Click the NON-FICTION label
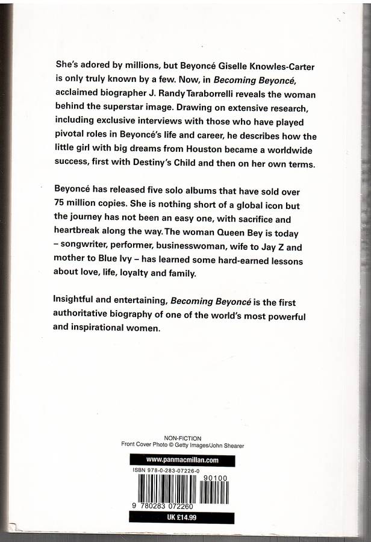tap(182, 438)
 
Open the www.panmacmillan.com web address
tap(182, 459)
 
